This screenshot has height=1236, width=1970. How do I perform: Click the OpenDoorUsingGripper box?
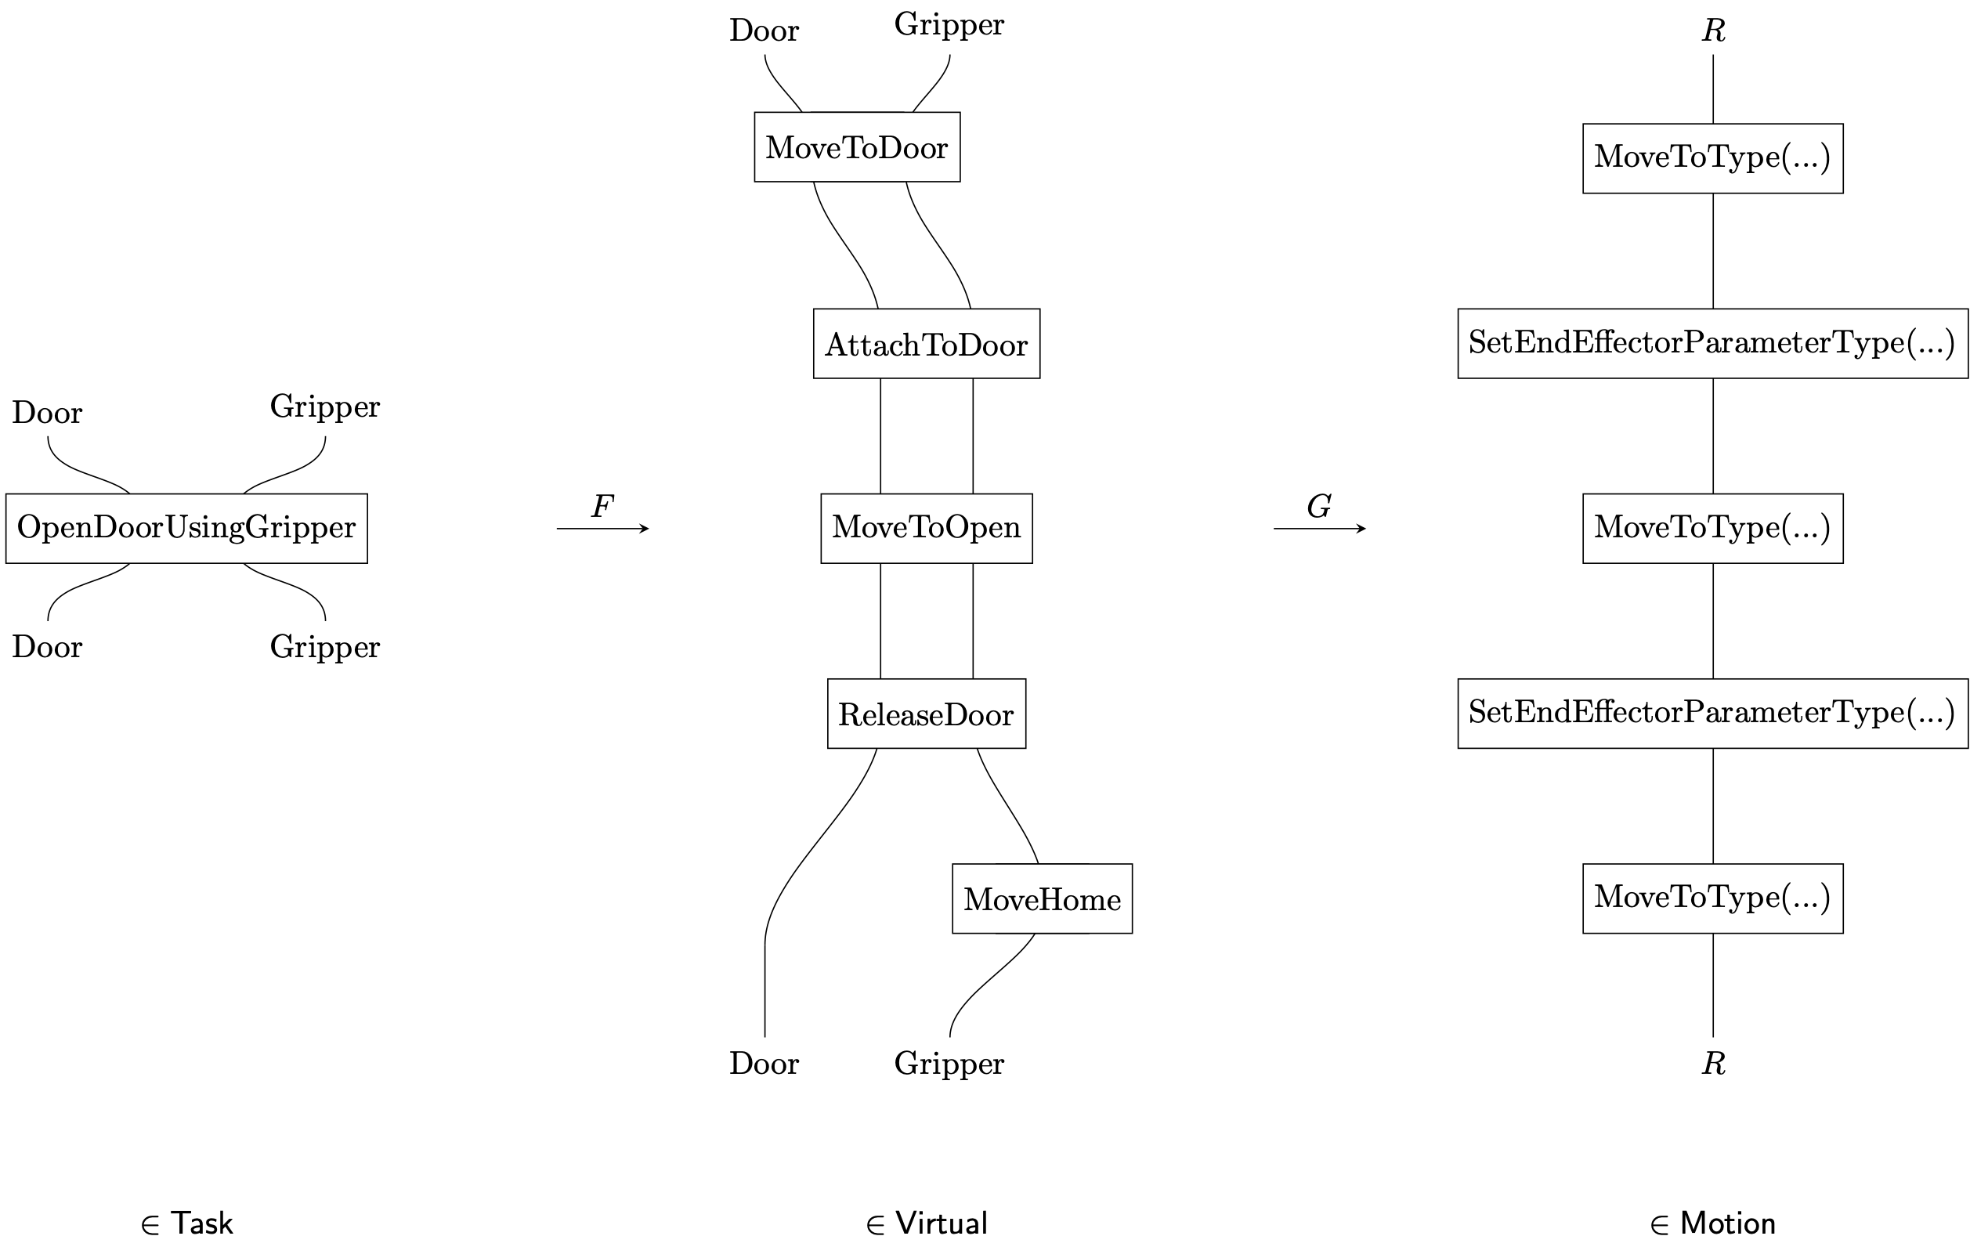(x=186, y=528)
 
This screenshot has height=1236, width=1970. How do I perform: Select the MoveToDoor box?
(x=857, y=147)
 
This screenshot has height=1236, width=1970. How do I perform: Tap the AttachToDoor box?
(x=926, y=343)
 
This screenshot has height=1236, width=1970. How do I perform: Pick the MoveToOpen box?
(x=926, y=528)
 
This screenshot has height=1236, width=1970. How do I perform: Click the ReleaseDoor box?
(x=926, y=714)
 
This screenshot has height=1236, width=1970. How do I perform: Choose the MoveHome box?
(x=1043, y=898)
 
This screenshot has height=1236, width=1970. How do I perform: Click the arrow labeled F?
(x=602, y=529)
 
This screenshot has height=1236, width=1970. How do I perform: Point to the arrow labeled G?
(x=1319, y=529)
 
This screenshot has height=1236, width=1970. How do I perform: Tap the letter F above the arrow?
(x=602, y=506)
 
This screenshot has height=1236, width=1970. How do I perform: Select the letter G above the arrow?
(x=1319, y=506)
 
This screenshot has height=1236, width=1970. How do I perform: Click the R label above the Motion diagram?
(x=1713, y=31)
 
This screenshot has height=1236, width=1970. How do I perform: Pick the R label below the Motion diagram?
(x=1713, y=1064)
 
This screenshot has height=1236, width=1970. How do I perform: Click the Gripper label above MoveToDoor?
(x=949, y=25)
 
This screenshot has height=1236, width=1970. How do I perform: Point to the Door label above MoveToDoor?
(x=765, y=31)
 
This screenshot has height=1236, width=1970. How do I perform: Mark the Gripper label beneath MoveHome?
(x=949, y=1064)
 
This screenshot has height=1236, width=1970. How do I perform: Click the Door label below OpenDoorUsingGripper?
(x=48, y=647)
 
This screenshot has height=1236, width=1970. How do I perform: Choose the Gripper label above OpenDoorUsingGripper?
(x=324, y=407)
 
